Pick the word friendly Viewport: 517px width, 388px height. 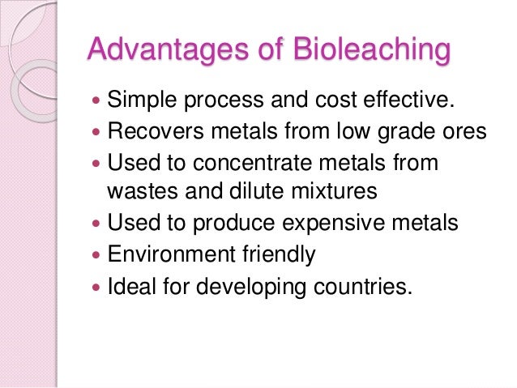click(276, 254)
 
